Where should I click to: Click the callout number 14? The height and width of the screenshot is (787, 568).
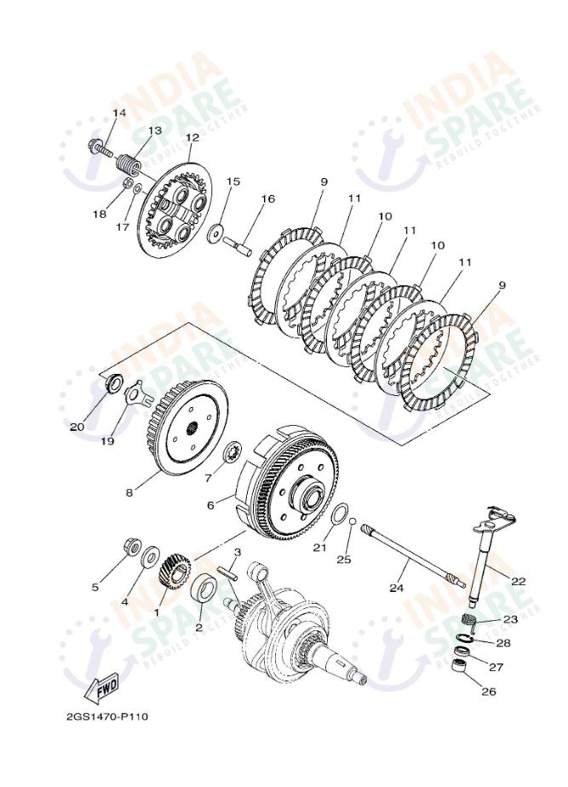[x=119, y=113]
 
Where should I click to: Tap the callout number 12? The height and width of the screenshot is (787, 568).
[x=192, y=137]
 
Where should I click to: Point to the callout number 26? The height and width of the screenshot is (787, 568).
[x=488, y=692]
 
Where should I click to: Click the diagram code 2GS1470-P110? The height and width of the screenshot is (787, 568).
[x=107, y=716]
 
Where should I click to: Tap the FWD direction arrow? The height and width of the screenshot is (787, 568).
[x=102, y=684]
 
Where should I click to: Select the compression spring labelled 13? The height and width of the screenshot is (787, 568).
[x=129, y=160]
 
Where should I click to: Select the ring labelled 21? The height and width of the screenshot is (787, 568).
[x=339, y=514]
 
